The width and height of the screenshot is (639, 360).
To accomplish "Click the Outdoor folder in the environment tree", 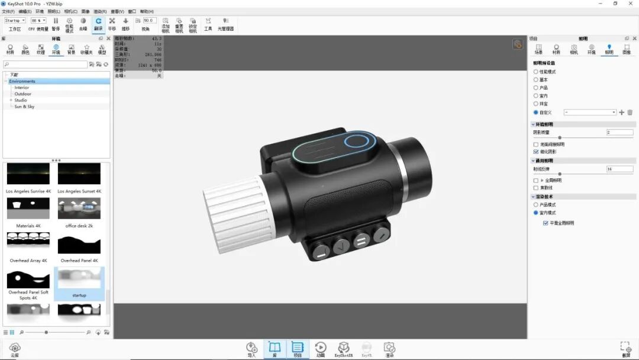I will coord(23,94).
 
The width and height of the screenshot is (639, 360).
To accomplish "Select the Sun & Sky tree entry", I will coord(24,107).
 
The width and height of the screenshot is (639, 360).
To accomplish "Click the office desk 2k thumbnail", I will coord(79,208).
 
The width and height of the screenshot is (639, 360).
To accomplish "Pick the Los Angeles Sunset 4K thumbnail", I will coord(79,174).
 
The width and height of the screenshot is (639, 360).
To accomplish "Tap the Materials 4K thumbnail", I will coord(28,208).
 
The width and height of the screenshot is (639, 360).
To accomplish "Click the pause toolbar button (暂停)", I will coord(56,24).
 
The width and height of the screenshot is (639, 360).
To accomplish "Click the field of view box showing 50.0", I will coord(149,20).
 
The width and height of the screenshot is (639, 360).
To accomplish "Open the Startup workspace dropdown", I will coord(15,20).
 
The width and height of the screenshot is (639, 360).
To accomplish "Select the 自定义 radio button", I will coord(536,112).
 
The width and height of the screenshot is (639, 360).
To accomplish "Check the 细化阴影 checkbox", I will coord(536,152).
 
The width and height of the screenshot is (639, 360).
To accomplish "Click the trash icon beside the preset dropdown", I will coord(630,112).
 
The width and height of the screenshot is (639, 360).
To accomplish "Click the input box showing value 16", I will coord(619,169).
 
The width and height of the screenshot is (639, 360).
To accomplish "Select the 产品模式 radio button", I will coord(536,204).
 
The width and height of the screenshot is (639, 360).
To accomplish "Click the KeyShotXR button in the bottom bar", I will coord(343,349).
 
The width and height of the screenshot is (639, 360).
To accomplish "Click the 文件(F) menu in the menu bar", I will coord(8,11).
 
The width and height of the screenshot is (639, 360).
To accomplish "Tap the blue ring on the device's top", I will coord(356,142).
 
